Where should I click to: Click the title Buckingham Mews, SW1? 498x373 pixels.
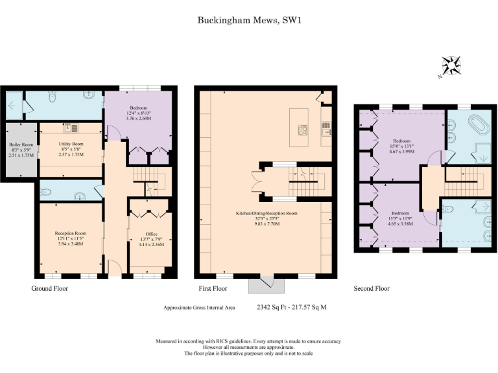250,20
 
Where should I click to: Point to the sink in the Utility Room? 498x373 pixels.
70,128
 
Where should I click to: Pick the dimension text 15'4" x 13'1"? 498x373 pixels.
402,146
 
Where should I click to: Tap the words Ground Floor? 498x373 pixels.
49,288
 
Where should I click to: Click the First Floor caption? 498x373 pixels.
213,288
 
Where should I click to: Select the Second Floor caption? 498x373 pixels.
372,288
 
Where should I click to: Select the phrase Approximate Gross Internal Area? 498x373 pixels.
199,308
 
